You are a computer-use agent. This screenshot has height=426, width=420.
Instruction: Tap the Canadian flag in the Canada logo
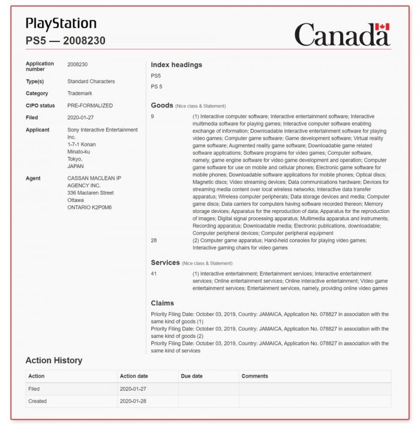[382, 27]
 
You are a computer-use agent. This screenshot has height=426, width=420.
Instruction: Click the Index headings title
[176, 65]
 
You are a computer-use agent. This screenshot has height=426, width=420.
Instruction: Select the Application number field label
[40, 66]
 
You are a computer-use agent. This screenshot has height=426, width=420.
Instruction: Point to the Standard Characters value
[91, 82]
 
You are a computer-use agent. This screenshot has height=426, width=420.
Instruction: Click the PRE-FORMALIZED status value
[90, 106]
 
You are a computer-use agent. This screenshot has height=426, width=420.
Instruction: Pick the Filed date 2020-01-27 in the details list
[82, 118]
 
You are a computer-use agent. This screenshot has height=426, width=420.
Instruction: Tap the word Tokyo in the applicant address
[75, 159]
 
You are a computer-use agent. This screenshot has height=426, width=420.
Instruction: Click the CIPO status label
[40, 106]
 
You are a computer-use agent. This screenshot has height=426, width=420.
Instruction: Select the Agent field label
[33, 178]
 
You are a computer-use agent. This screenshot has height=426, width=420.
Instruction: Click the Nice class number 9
[152, 116]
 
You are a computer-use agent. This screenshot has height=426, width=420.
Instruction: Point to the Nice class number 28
[154, 241]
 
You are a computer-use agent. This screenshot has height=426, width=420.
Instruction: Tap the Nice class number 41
[154, 274]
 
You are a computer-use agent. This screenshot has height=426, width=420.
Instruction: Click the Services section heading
[165, 263]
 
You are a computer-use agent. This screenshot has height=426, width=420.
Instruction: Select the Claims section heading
[163, 304]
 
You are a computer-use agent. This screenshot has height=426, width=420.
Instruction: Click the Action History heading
[54, 361]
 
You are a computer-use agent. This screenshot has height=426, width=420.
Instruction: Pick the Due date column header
[192, 376]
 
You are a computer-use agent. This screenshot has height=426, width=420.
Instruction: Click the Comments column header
[255, 376]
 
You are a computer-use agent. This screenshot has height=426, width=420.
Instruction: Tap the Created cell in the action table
[38, 401]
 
